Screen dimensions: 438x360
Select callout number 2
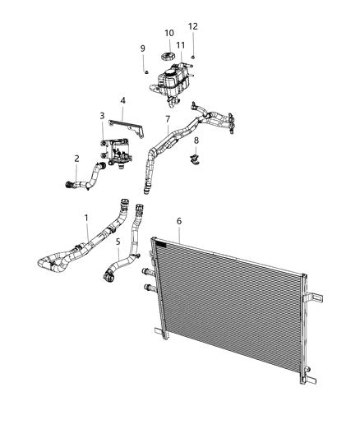click(x=76, y=159)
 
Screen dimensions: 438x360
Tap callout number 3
click(x=102, y=116)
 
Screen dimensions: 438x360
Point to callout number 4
click(x=122, y=101)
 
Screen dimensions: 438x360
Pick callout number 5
click(x=118, y=242)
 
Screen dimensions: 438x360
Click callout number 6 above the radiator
click(x=179, y=221)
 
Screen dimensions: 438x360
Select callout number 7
click(x=168, y=119)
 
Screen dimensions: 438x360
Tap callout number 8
click(x=196, y=141)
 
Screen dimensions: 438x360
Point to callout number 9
click(x=142, y=48)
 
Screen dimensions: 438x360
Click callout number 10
click(x=168, y=33)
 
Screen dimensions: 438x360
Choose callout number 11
click(x=180, y=45)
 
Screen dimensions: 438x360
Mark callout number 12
click(x=193, y=26)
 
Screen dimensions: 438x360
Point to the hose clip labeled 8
click(x=196, y=158)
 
